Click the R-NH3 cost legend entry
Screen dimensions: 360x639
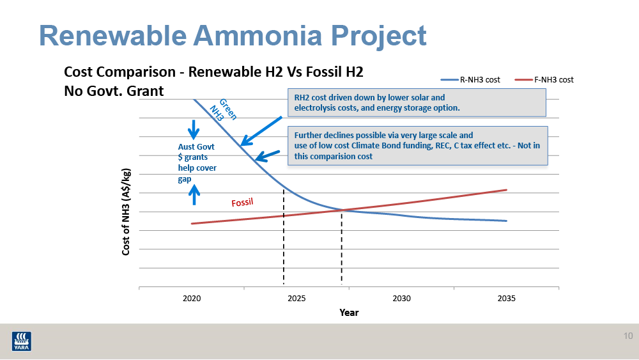pyautogui.click(x=470, y=80)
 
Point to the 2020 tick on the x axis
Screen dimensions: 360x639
pyautogui.click(x=192, y=299)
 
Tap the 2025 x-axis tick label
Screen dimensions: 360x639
pyautogui.click(x=296, y=299)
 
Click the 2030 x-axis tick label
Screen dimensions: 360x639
pyautogui.click(x=401, y=299)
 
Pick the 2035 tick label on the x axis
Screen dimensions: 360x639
pyautogui.click(x=506, y=299)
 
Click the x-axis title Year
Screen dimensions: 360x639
pyautogui.click(x=349, y=313)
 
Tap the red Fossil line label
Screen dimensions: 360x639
pyautogui.click(x=242, y=203)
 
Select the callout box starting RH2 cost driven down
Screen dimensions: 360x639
pyautogui.click(x=416, y=102)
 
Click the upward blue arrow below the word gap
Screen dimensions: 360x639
pyautogui.click(x=196, y=194)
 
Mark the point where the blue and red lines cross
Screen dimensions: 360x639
pyautogui.click(x=342, y=210)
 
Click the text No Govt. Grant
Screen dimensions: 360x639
pyautogui.click(x=114, y=91)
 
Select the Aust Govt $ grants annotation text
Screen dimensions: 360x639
pyautogui.click(x=197, y=162)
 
